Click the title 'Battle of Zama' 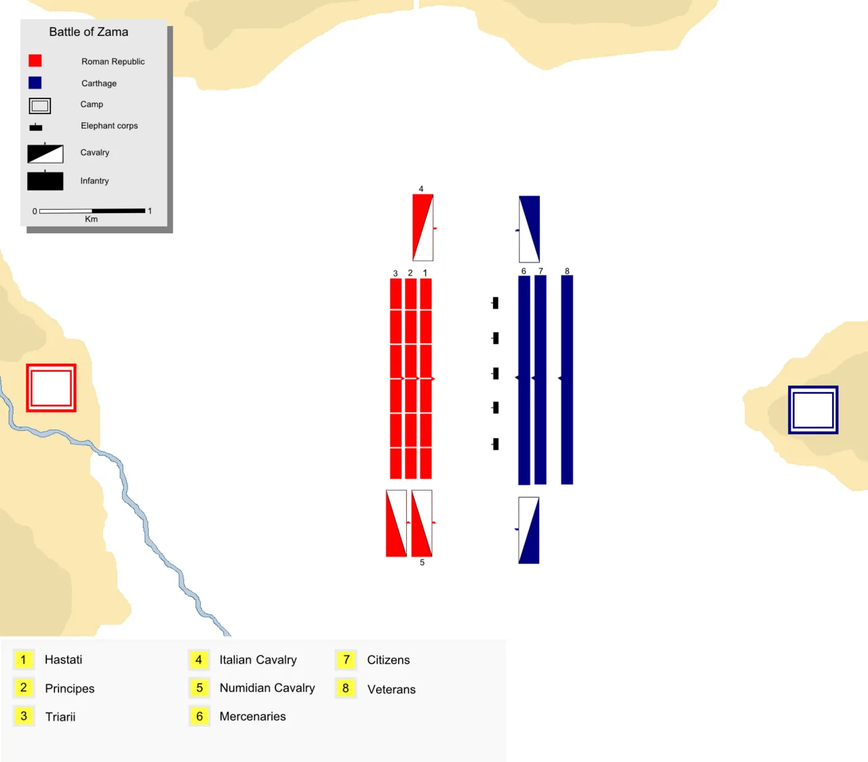click(88, 32)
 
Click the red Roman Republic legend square click(35, 60)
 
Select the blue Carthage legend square click(35, 83)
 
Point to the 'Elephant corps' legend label click(109, 126)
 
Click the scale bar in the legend click(92, 210)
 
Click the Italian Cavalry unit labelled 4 click(423, 228)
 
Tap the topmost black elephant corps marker click(495, 303)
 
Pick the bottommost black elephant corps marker click(495, 444)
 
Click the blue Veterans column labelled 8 click(567, 380)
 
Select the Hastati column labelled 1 click(426, 379)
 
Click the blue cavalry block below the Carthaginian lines click(529, 531)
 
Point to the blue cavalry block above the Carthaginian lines click(529, 229)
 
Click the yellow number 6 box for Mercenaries click(199, 716)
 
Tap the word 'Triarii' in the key click(60, 717)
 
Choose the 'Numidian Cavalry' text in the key click(267, 688)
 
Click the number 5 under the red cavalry click(422, 563)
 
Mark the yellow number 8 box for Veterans click(346, 688)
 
